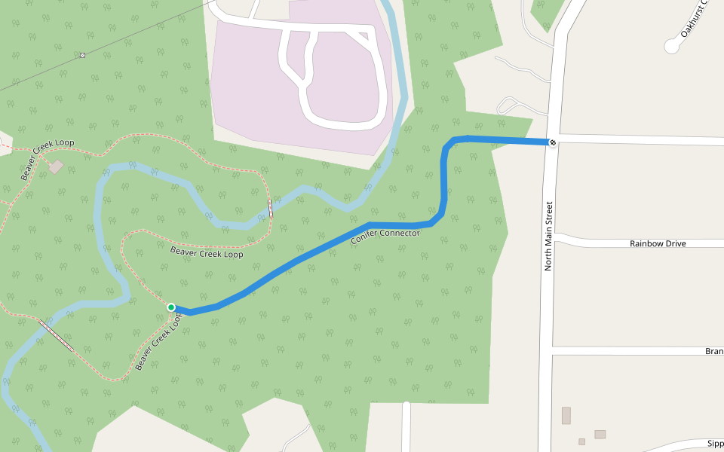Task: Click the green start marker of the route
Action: [171, 307]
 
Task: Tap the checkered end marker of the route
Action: [553, 142]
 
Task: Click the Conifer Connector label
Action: [385, 237]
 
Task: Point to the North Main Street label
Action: [548, 236]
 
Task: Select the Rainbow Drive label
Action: [658, 243]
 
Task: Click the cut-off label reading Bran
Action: [713, 351]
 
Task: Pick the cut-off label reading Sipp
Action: [715, 444]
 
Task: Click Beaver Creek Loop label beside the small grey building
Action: [48, 160]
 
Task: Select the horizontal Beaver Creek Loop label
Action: [207, 253]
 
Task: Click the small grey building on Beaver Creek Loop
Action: [57, 166]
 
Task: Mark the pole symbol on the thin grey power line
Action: [82, 55]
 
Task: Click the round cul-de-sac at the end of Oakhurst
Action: [671, 46]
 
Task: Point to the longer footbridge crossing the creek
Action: [57, 335]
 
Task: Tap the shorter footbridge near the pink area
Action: [270, 209]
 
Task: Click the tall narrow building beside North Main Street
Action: [566, 415]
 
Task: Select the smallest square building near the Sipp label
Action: [581, 441]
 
